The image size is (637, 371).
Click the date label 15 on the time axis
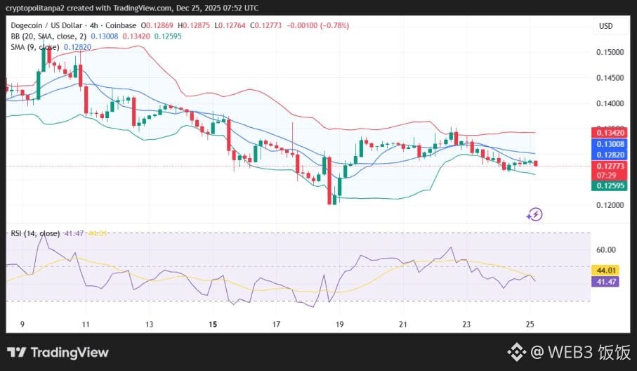(213, 325)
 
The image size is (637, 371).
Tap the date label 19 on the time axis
(341, 325)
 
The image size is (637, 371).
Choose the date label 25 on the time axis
(530, 325)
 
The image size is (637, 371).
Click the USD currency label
(606, 26)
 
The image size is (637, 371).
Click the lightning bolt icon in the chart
(534, 214)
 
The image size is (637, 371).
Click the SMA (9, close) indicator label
(34, 46)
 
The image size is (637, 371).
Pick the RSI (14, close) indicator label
(34, 233)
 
